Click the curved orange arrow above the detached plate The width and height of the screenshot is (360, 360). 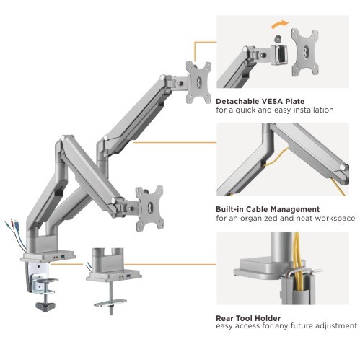click(279, 24)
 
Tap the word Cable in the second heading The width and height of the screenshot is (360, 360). click(258, 209)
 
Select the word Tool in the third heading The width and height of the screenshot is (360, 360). click(245, 318)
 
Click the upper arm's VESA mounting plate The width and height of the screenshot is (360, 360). click(198, 82)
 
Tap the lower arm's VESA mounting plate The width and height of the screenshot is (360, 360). click(149, 208)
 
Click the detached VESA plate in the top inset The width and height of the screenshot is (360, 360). click(305, 52)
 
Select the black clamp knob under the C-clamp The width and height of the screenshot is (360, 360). click(45, 307)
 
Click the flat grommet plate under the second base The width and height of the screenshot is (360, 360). click(110, 303)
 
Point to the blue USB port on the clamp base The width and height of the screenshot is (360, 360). click(63, 258)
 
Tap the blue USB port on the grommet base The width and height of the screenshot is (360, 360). click(128, 276)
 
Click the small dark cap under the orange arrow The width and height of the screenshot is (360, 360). click(278, 38)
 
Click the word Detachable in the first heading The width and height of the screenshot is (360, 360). click(236, 101)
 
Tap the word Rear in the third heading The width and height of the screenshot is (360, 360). click(224, 318)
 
